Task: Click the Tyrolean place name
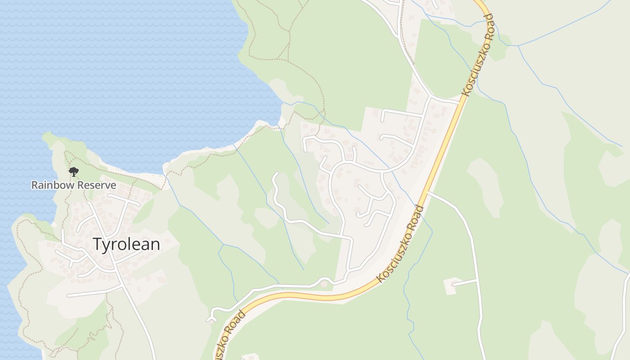pyautogui.click(x=126, y=244)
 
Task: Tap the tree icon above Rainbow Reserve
pyautogui.click(x=74, y=171)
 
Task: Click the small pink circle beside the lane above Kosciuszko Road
pyautogui.click(x=324, y=284)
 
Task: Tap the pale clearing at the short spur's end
pyautogui.click(x=450, y=286)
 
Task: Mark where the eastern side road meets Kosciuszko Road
pyautogui.click(x=428, y=193)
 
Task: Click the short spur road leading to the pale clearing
pyautogui.click(x=465, y=283)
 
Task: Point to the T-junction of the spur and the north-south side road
pyautogui.click(x=477, y=280)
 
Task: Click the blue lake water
pyautogui.click(x=112, y=67)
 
